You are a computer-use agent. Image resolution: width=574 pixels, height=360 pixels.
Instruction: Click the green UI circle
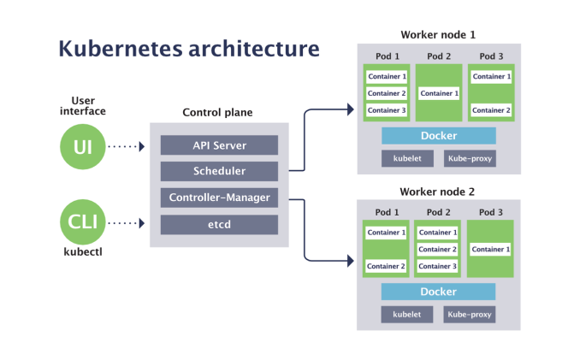(x=83, y=146)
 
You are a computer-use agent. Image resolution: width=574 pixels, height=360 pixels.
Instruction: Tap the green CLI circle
(x=83, y=223)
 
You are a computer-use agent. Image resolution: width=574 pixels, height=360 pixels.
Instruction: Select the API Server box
(x=219, y=145)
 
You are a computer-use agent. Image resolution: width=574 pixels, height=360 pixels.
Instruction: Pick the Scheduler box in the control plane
(x=219, y=171)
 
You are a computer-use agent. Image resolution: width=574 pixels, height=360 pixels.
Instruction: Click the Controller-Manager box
(x=219, y=198)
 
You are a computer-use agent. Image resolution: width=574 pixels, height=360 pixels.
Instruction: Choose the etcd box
(x=219, y=224)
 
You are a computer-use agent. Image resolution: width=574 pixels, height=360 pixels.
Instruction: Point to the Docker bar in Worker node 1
(x=438, y=136)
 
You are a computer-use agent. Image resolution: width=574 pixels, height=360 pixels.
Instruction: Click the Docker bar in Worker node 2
(x=438, y=292)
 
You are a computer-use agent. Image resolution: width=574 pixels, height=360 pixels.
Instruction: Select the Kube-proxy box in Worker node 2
(x=469, y=314)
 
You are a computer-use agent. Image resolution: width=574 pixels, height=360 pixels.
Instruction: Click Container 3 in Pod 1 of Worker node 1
(x=386, y=110)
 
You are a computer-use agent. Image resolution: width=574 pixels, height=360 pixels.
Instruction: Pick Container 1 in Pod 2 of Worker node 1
(x=438, y=93)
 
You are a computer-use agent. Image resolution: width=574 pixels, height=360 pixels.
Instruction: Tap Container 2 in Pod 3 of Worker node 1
(x=490, y=110)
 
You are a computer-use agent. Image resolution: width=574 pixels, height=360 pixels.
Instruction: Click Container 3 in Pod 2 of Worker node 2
(x=438, y=266)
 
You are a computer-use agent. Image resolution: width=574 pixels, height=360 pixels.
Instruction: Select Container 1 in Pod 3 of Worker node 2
(x=490, y=249)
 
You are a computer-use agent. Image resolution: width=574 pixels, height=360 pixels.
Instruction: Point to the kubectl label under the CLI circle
(x=83, y=254)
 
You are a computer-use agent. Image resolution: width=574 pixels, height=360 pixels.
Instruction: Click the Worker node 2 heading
(x=437, y=192)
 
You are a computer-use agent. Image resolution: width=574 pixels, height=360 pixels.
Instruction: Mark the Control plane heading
(x=217, y=113)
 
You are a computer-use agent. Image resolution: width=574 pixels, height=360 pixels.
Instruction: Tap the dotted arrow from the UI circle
(x=129, y=146)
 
